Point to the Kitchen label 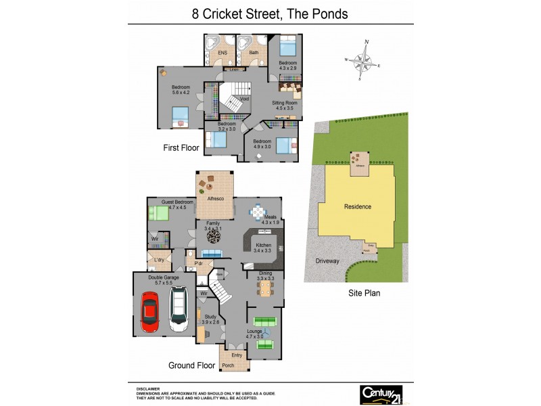pos(262,248)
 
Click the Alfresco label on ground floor pos(215,198)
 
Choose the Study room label pos(210,319)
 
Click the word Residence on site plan pos(358,206)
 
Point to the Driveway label pos(327,260)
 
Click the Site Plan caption pos(364,294)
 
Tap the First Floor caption pos(181,147)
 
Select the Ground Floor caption pos(191,365)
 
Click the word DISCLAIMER pos(147,389)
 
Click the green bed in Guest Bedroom pos(160,214)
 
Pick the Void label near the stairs pos(235,99)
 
